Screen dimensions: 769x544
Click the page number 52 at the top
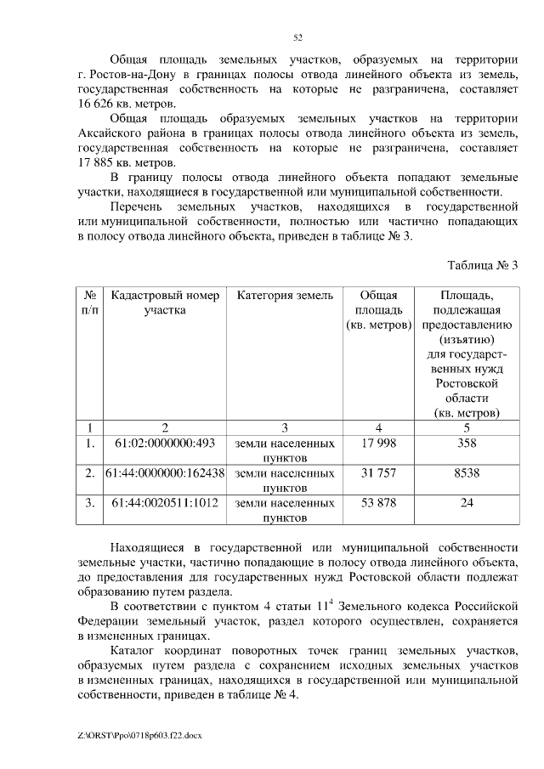tap(297, 37)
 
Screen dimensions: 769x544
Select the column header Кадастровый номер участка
tap(165, 303)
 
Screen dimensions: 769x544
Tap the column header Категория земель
tap(285, 296)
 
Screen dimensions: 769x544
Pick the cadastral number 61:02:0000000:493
tap(165, 443)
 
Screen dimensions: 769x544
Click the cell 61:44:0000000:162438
tap(165, 472)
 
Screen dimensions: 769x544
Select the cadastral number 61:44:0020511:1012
tap(165, 502)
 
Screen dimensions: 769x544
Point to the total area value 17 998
tap(379, 443)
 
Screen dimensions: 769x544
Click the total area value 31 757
tap(379, 472)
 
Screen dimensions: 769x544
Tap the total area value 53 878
tap(379, 502)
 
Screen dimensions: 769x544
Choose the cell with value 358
tap(466, 443)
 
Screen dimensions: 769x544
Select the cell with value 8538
tap(466, 472)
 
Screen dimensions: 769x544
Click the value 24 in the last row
tap(466, 502)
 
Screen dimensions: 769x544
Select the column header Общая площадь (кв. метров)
tap(379, 310)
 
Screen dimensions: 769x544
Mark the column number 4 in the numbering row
tap(379, 427)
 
